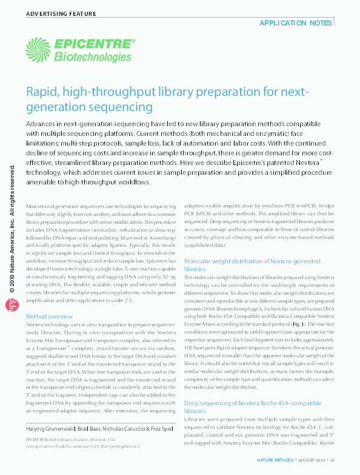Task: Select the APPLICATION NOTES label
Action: (x=295, y=22)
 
